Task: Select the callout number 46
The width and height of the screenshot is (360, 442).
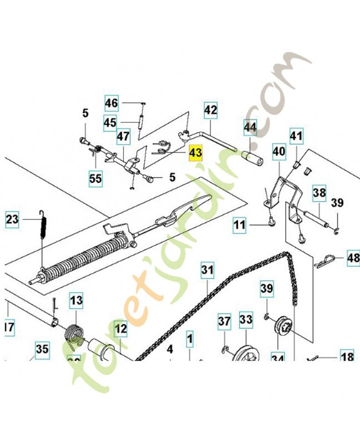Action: coord(112,103)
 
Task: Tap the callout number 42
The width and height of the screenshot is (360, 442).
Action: coord(211,110)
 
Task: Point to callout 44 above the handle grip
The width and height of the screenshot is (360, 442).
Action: coord(250,128)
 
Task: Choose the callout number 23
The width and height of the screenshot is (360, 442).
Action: coord(13,220)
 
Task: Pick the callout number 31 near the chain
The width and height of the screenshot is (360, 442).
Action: coord(207,271)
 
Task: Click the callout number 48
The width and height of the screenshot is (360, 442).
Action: coord(352,257)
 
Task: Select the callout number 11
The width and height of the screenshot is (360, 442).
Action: coord(239,225)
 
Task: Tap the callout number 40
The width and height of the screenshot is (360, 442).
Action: coord(279,151)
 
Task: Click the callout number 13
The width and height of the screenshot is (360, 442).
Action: coord(75,301)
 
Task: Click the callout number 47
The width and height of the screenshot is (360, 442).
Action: coord(123,136)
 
